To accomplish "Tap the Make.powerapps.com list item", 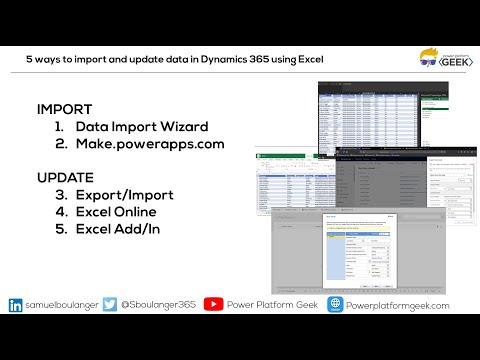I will [144, 144].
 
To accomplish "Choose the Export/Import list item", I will [123, 195].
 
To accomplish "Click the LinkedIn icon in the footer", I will [16, 305].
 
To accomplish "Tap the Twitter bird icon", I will [110, 305].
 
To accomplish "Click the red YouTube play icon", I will [213, 305].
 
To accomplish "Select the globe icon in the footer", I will [336, 305].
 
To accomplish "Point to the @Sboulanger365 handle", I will [157, 305].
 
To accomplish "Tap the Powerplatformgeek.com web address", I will [399, 305].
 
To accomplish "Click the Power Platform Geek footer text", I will [269, 305].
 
